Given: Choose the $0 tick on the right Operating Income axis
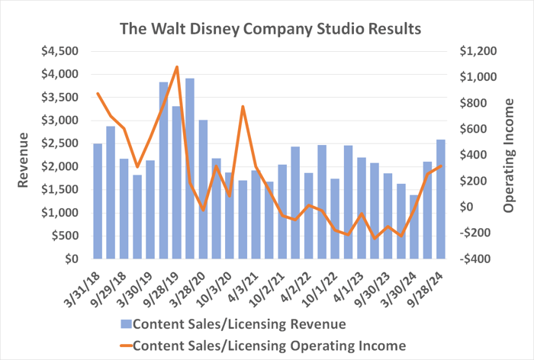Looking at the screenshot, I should pos(465,207).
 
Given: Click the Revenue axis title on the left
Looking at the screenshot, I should pos(24,156).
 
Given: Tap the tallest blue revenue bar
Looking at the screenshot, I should pos(190,169).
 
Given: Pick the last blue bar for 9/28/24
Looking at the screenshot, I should pos(441,199).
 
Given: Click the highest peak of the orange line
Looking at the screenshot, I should pos(177,67).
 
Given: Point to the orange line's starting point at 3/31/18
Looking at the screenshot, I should pos(98,94).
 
